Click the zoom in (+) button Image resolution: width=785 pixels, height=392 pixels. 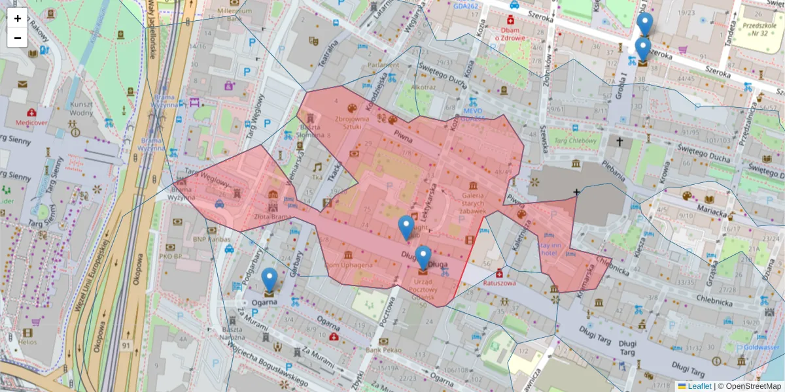[x=18, y=18]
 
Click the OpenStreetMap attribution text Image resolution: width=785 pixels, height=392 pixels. [x=752, y=386]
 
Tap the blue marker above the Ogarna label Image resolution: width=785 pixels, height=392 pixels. [x=270, y=280]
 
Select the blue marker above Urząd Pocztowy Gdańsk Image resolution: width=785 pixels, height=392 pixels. [x=423, y=258]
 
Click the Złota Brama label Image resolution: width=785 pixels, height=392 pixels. [x=273, y=216]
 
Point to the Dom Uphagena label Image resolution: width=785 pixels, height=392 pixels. [x=349, y=265]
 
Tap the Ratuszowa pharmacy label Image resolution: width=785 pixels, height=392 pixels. [x=500, y=284]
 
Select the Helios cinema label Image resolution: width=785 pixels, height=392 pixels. [x=28, y=342]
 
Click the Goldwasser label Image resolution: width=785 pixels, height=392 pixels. [x=761, y=348]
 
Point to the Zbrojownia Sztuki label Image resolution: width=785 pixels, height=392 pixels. [x=353, y=123]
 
